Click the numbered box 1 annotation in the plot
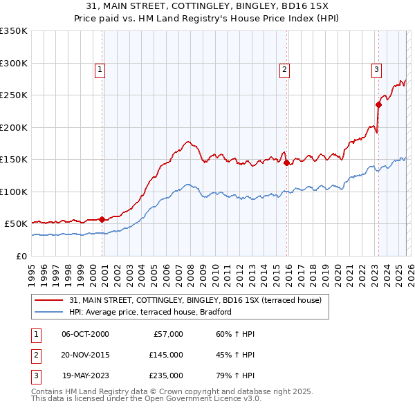[x=100, y=68]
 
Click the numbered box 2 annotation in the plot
[x=284, y=68]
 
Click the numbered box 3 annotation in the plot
[x=376, y=68]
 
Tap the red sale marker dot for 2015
[x=287, y=163]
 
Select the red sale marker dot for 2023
[x=378, y=105]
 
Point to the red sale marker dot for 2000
[x=102, y=219]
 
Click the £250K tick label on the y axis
[x=14, y=95]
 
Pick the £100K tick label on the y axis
[x=14, y=192]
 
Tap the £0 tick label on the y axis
[x=21, y=256]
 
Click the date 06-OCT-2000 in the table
[x=85, y=334]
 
